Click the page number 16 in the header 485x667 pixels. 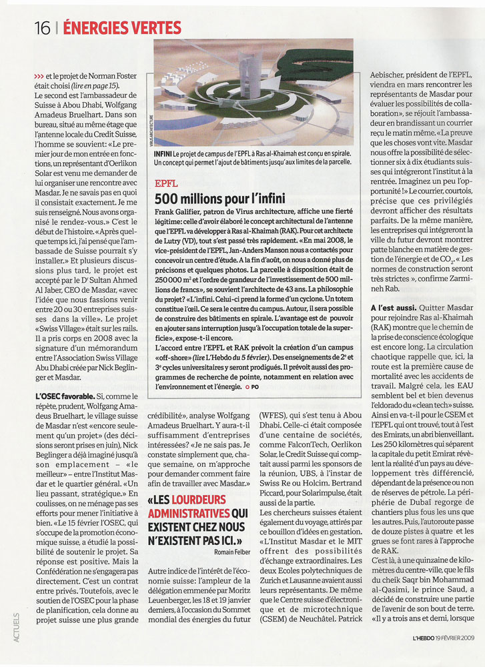pyautogui.click(x=42, y=27)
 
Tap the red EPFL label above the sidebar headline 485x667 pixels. pyautogui.click(x=165, y=182)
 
